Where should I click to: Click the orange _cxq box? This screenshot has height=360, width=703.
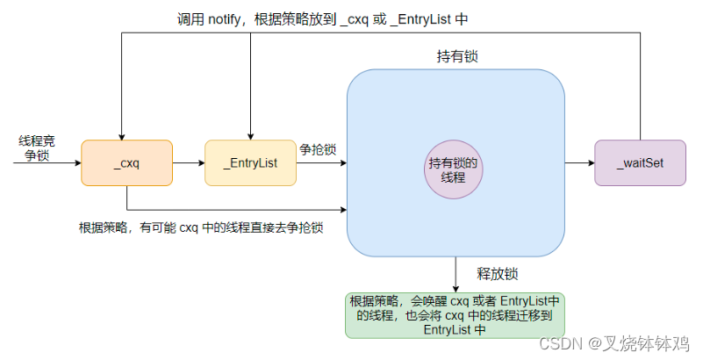click(x=126, y=162)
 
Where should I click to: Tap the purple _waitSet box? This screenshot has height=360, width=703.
click(x=640, y=162)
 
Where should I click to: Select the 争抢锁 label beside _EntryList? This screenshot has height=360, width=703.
click(x=318, y=149)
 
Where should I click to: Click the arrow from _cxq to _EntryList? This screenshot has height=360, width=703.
click(x=188, y=162)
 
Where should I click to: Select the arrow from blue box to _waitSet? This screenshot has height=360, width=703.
click(x=579, y=162)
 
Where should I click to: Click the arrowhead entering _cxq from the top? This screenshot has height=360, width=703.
click(x=121, y=134)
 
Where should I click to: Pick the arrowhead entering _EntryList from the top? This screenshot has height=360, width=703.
click(x=251, y=134)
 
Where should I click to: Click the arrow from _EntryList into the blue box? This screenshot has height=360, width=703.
click(x=321, y=162)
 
